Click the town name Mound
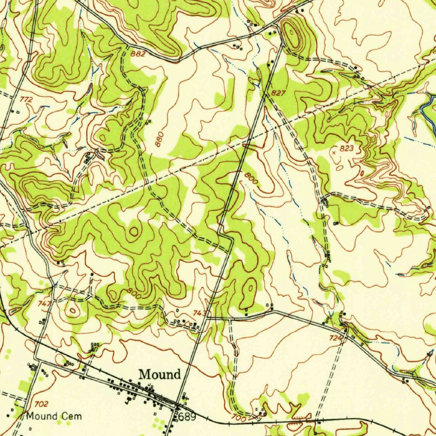click(x=160, y=375)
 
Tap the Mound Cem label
click(x=54, y=416)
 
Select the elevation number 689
click(x=187, y=416)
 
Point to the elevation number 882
click(x=138, y=54)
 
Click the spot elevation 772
click(x=26, y=99)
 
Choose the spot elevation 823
click(x=347, y=149)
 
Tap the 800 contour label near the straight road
click(x=251, y=178)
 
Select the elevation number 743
click(x=200, y=313)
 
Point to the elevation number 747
click(x=45, y=304)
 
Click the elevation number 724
click(x=336, y=338)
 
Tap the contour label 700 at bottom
click(x=239, y=419)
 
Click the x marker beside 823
click(x=334, y=151)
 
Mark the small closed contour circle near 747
click(x=73, y=311)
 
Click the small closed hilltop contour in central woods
click(x=134, y=232)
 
